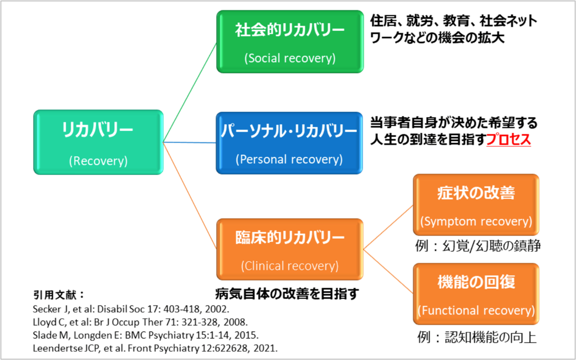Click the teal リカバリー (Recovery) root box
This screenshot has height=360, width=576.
99,142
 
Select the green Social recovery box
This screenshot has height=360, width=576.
290,42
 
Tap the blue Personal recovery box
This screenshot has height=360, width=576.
290,143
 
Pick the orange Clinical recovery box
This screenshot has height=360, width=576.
290,249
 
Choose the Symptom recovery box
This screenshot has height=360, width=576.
476,205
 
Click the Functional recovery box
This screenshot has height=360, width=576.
476,294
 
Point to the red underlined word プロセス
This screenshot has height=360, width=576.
508,139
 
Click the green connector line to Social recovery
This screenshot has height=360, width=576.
190,92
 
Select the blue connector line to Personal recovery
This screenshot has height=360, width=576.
190,143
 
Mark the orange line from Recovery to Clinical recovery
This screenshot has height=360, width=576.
190,195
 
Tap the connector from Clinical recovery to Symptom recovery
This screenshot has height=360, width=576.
388,227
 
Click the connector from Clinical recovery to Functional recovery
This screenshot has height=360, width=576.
388,272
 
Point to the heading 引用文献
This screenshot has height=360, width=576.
59,295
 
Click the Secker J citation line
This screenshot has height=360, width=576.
131,309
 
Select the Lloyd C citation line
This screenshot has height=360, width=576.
140,322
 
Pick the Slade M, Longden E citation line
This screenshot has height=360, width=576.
146,335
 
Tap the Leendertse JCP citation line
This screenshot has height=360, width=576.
155,348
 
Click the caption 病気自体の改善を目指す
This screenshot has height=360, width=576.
287,294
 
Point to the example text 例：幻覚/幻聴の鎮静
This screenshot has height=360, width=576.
478,246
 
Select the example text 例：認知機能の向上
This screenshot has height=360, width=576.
477,337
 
